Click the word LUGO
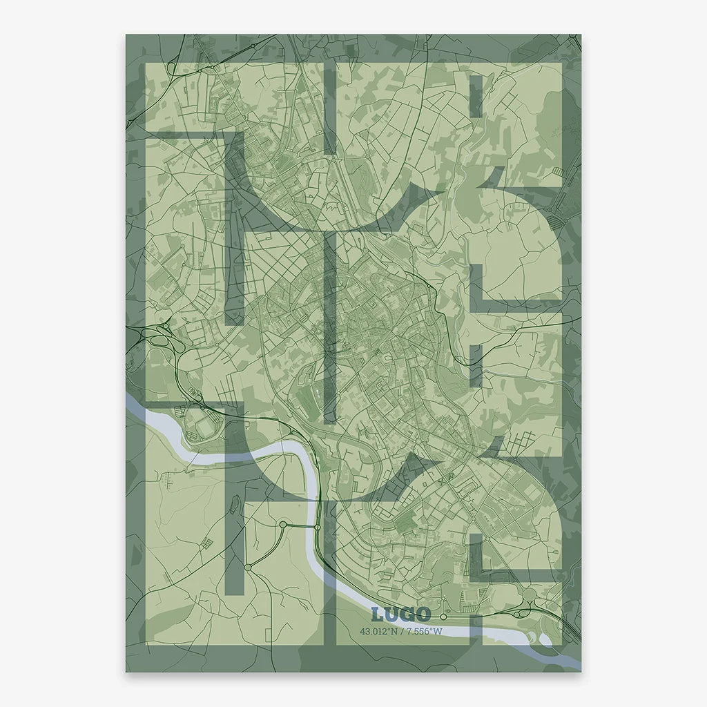click(x=400, y=614)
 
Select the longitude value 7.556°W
click(x=423, y=631)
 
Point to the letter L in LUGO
click(x=377, y=614)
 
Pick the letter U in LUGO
click(x=391, y=614)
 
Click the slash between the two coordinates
click(x=403, y=631)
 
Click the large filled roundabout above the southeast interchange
click(x=530, y=596)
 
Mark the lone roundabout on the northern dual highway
click(x=253, y=44)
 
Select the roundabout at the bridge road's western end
click(x=282, y=525)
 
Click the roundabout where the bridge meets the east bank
click(x=318, y=527)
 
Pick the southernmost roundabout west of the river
click(x=247, y=566)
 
